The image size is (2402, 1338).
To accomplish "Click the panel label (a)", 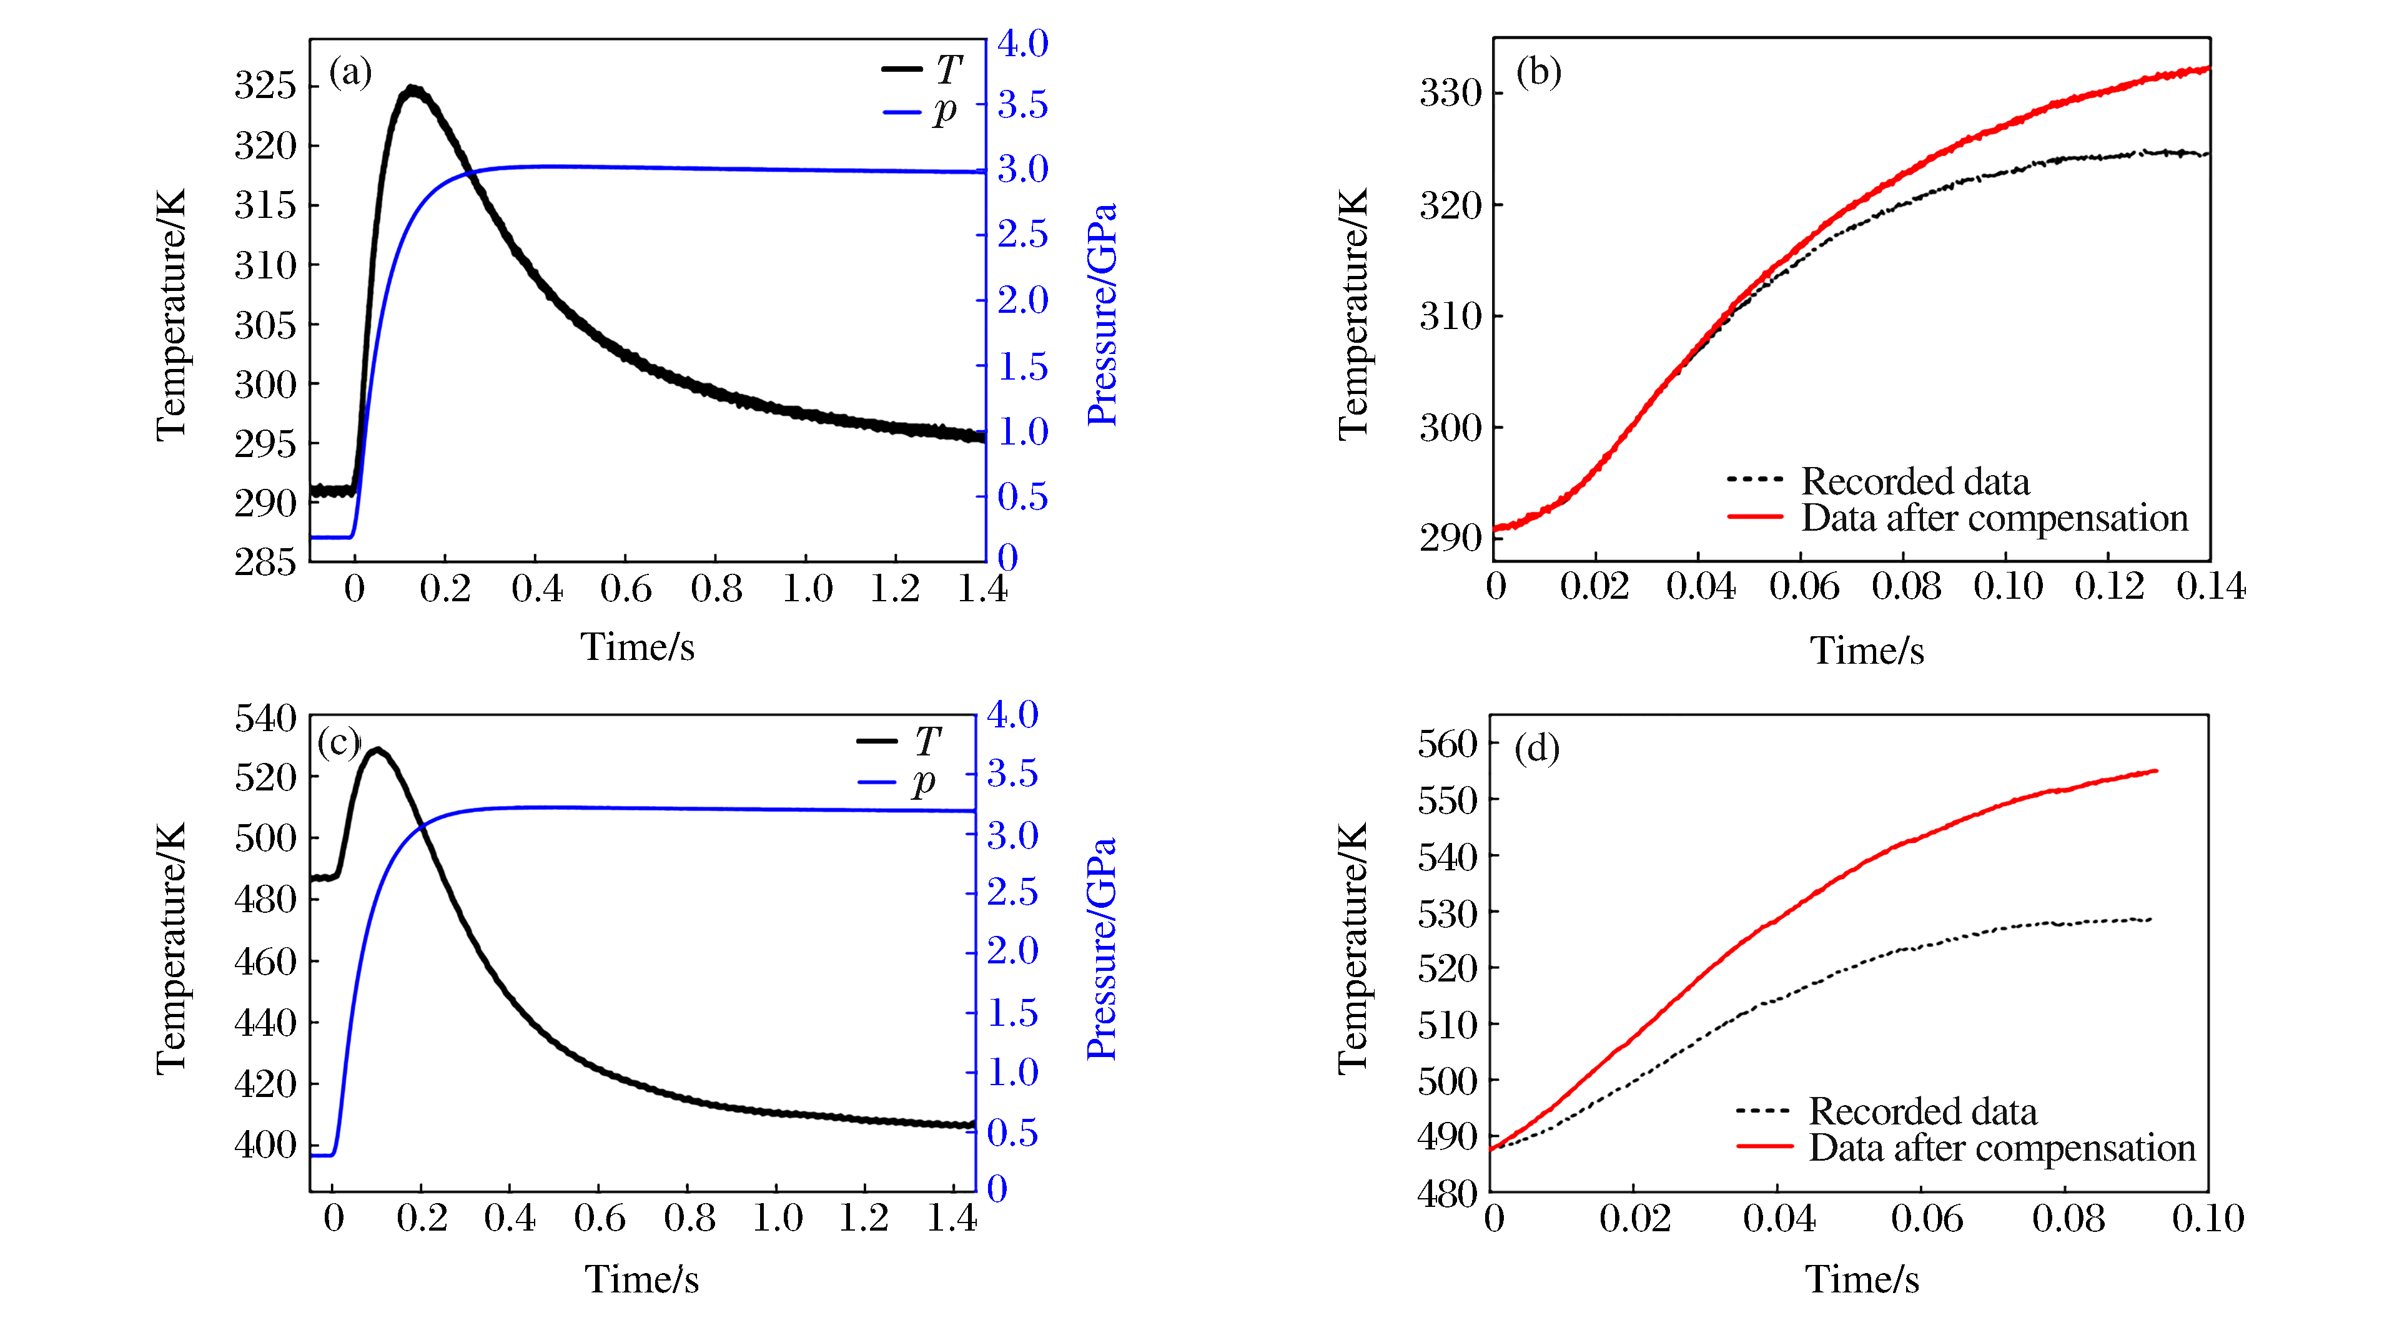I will pyautogui.click(x=350, y=72).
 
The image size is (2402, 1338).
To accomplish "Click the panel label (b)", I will pyautogui.click(x=1538, y=72).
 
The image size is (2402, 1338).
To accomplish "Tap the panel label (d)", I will pyautogui.click(x=1536, y=748).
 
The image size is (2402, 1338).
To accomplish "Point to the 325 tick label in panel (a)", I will pyautogui.click(x=265, y=85).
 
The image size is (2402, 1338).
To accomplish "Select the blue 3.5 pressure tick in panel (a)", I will pyautogui.click(x=1023, y=106).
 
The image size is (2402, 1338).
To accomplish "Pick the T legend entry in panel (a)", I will pyautogui.click(x=947, y=69).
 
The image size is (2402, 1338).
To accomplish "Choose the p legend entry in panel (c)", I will pyautogui.click(x=923, y=781).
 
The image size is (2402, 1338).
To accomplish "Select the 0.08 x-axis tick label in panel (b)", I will pyautogui.click(x=1906, y=586).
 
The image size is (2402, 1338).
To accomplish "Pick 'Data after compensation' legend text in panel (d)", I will pyautogui.click(x=2002, y=1148).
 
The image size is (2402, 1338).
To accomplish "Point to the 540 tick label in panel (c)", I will pyautogui.click(x=265, y=718).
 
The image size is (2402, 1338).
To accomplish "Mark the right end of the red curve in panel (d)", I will pyautogui.click(x=2156, y=771).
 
